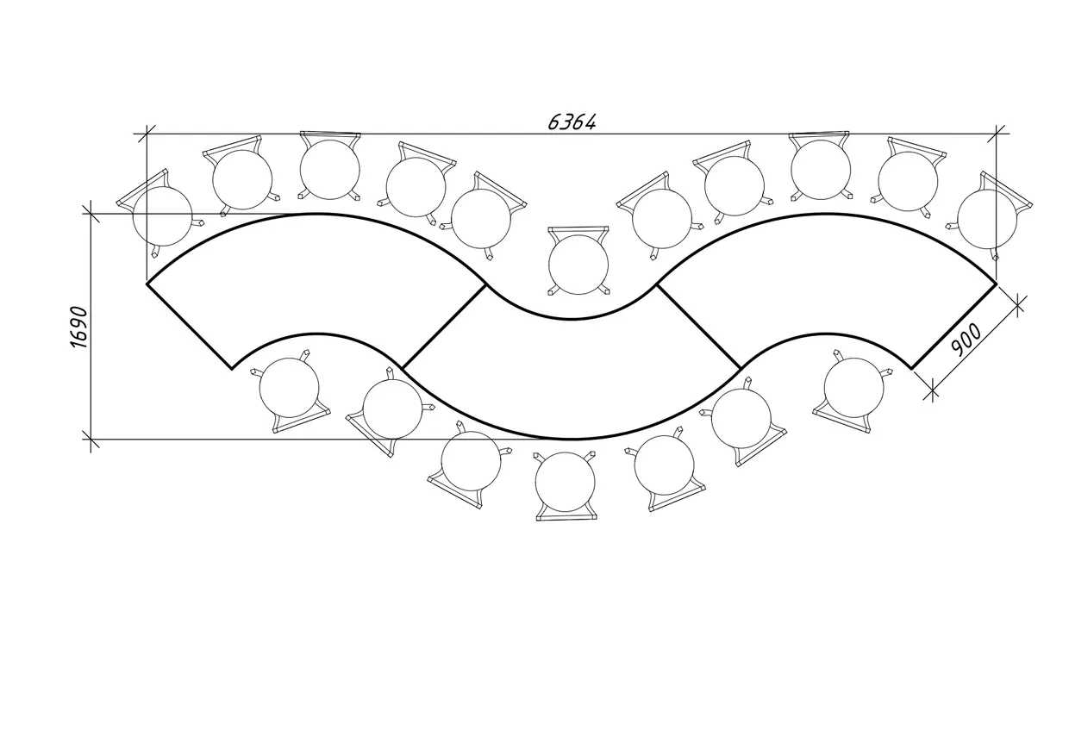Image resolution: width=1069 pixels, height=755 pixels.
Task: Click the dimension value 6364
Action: (572, 122)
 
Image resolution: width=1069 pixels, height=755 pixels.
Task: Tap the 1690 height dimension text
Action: (79, 328)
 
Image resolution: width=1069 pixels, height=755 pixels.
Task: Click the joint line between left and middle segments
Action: (444, 327)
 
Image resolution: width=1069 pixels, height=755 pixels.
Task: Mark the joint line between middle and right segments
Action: (699, 327)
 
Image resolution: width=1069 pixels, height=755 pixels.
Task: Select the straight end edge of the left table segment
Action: (189, 327)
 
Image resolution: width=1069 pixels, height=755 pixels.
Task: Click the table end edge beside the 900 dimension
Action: (954, 327)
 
